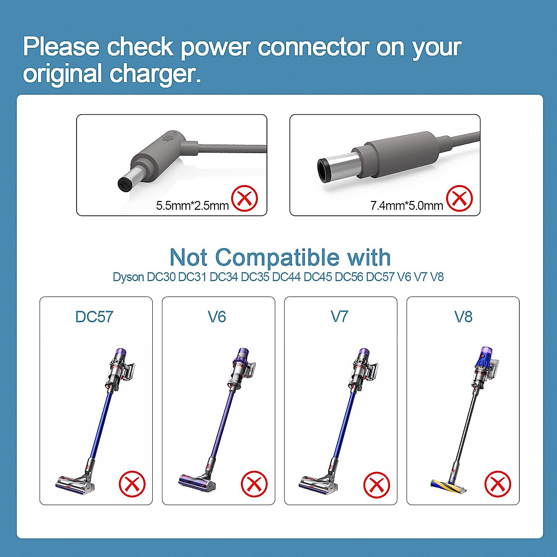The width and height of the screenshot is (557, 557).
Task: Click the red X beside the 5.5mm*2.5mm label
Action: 245,199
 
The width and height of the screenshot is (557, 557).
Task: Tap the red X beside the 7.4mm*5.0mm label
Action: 459,199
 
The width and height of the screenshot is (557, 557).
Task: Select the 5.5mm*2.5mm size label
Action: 192,206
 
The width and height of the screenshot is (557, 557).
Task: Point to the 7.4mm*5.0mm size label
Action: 407,206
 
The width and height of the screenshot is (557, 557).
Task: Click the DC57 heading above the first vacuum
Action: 94,317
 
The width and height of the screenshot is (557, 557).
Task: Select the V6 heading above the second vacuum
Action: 217,317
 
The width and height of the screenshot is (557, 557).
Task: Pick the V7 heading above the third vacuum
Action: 339,317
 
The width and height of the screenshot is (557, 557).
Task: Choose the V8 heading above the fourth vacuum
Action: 463,317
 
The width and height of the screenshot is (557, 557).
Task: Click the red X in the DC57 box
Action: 132,484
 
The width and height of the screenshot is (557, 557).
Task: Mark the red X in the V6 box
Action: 254,484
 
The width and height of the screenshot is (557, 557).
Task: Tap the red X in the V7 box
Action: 376,484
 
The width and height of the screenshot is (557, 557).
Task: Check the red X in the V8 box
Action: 498,484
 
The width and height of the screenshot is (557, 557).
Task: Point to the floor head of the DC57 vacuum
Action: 74,483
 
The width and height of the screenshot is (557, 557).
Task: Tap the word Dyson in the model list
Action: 128,277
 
